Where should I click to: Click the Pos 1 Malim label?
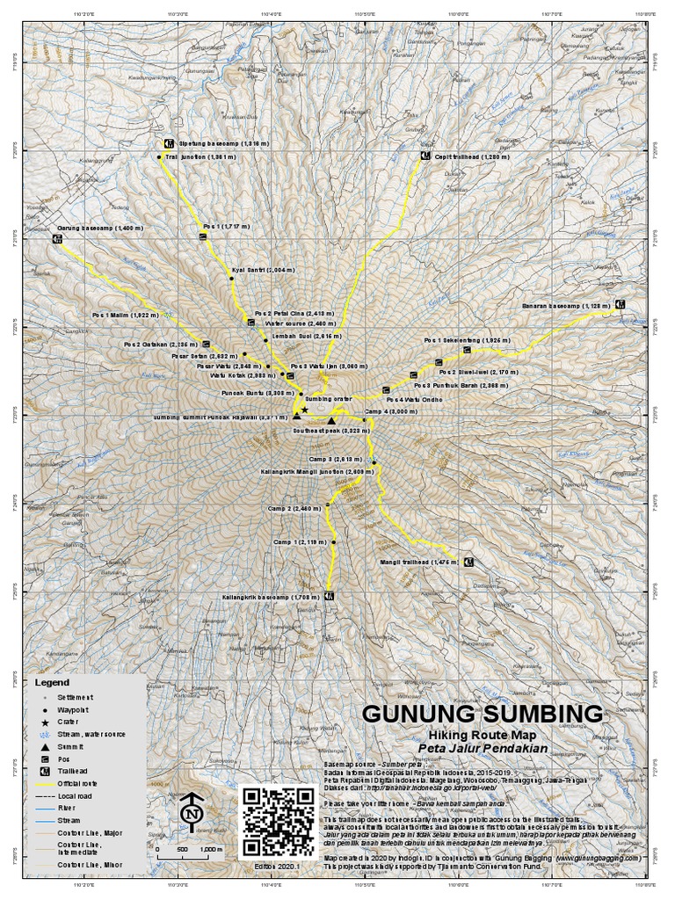(126, 314)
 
